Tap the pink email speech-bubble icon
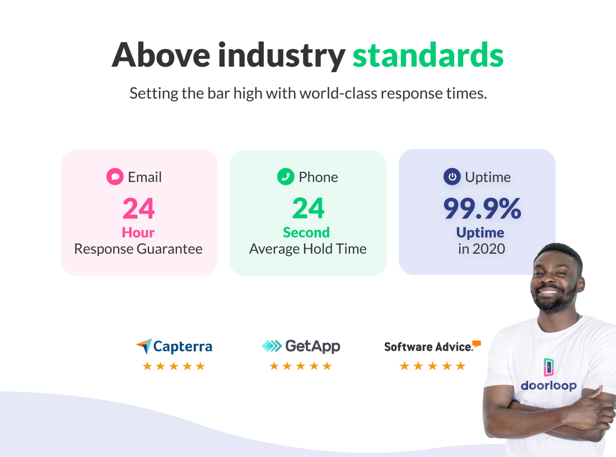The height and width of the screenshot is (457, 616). (115, 177)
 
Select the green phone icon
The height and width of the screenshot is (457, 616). (286, 177)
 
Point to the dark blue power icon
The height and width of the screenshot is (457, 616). (452, 177)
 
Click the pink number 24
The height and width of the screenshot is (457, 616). (138, 208)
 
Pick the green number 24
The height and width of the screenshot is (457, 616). (308, 208)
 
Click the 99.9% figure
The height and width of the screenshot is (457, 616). (482, 208)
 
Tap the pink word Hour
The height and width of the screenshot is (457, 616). (138, 232)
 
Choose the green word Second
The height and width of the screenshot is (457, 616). (306, 232)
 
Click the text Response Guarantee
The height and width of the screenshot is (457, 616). (138, 249)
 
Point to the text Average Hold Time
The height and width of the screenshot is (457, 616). (308, 249)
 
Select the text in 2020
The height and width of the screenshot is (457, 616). (481, 249)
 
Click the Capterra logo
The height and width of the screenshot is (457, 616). (174, 346)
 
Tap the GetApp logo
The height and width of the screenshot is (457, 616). (301, 346)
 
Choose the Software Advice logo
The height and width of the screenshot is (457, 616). (432, 346)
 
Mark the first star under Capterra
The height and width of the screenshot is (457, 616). (147, 366)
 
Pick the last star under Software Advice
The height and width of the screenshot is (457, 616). (460, 366)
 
